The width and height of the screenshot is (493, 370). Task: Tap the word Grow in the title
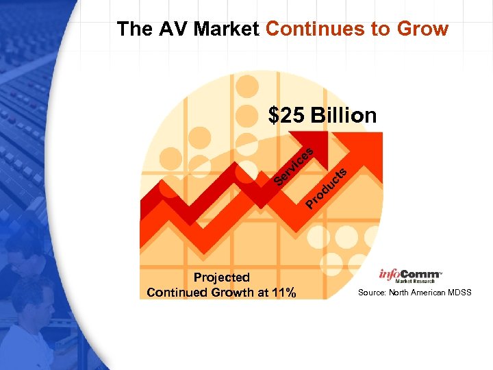424,29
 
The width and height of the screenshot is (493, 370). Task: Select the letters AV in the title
176,29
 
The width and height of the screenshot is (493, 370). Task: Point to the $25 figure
287,116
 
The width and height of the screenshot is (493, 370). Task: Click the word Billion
343,116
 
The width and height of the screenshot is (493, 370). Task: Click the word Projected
221,277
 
